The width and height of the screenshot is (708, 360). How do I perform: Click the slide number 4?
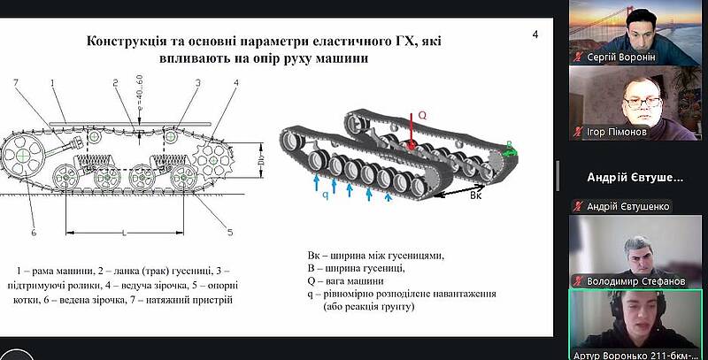[535, 34]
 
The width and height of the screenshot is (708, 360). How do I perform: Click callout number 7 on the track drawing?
[15, 82]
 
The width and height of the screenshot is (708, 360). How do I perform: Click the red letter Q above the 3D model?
[422, 115]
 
